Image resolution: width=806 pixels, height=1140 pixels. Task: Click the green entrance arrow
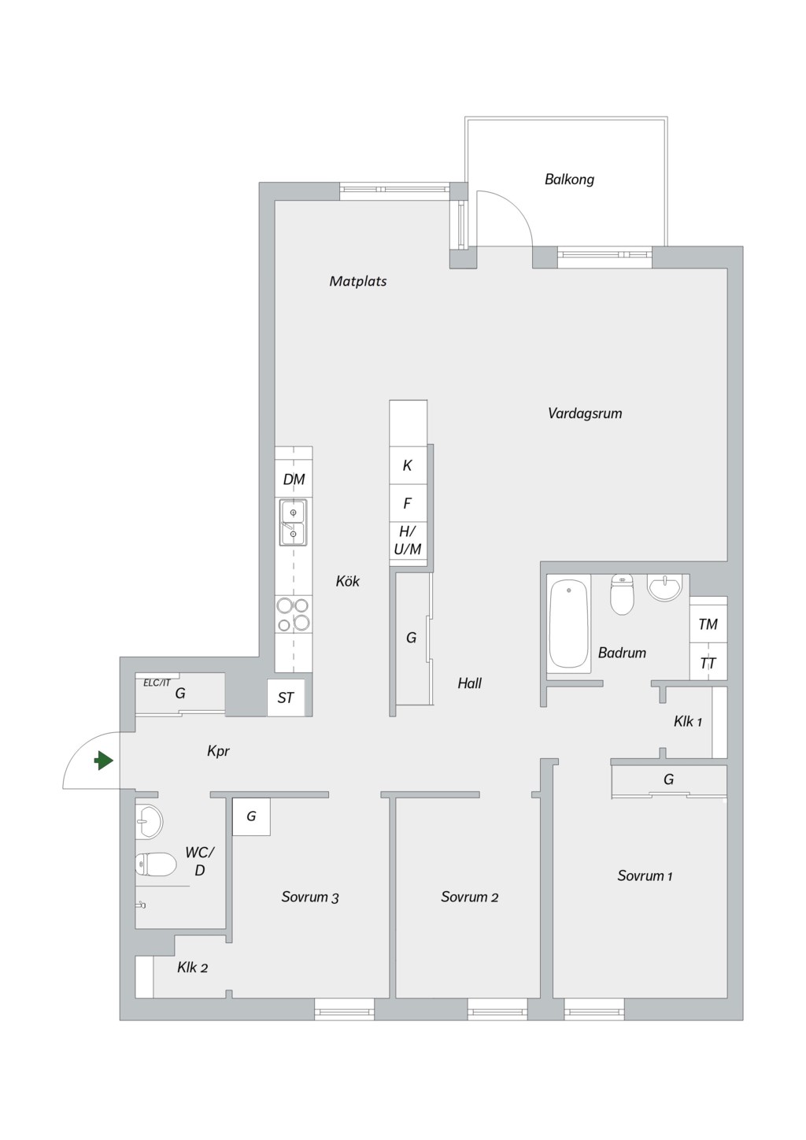[x=104, y=761]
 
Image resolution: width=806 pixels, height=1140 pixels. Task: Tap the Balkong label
[x=569, y=180]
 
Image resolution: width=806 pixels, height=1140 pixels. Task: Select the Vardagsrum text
[x=585, y=413]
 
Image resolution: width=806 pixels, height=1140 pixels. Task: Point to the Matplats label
[x=357, y=281]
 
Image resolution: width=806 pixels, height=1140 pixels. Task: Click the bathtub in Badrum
[x=569, y=624]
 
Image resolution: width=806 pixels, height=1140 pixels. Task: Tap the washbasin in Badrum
[x=664, y=588]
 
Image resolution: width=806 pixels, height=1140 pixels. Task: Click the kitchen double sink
[x=293, y=523]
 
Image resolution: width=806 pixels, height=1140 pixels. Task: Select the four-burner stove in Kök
[x=294, y=614]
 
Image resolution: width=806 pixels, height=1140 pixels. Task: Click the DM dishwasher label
[x=294, y=479]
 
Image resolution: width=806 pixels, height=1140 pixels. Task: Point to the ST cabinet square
[x=286, y=698]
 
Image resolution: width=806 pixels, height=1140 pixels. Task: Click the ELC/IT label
[x=157, y=683]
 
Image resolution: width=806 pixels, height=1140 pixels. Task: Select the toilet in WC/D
[x=156, y=864]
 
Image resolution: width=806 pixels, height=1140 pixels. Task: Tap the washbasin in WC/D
[x=149, y=820]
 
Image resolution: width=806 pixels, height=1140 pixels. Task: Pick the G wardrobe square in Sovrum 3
[x=251, y=817]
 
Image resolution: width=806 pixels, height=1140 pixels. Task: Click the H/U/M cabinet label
[x=408, y=541]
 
